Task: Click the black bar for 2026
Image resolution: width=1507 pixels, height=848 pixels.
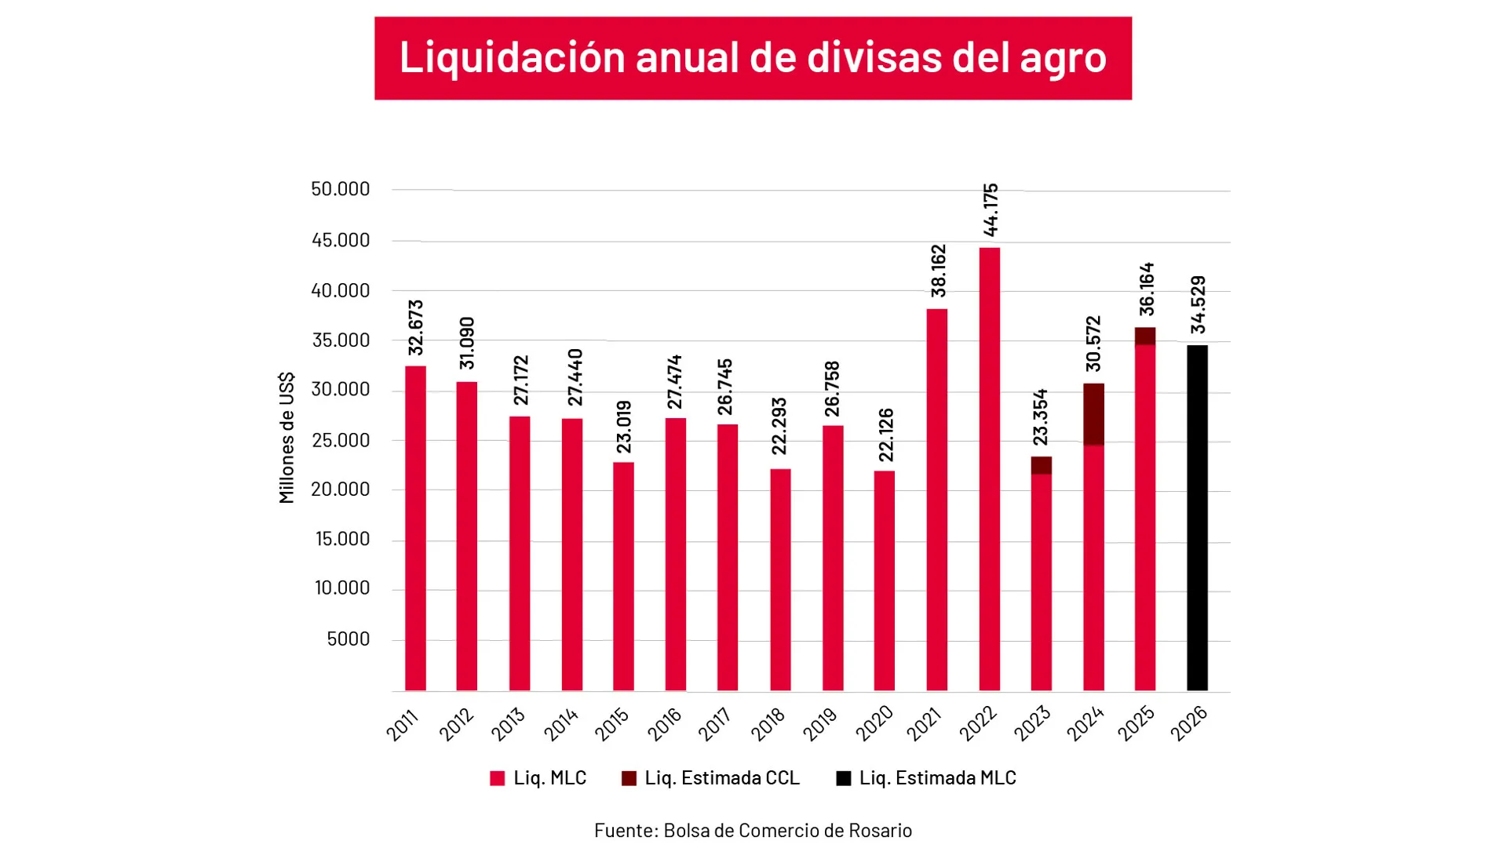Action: [x=1197, y=518]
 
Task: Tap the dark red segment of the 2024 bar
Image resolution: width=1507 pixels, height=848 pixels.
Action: [x=1093, y=414]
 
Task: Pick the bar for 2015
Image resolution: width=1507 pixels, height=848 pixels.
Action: [x=623, y=577]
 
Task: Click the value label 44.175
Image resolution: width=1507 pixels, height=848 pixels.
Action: [x=991, y=210]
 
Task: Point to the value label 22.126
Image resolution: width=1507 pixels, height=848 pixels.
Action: [x=886, y=435]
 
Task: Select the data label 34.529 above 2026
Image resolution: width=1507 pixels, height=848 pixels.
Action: [x=1198, y=304]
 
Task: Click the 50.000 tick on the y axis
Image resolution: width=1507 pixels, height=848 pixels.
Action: [x=340, y=189]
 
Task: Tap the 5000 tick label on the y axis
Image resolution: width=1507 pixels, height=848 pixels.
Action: [x=348, y=639]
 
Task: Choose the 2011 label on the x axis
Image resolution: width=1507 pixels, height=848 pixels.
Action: [x=403, y=724]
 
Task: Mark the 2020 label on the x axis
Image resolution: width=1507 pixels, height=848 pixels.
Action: [x=874, y=723]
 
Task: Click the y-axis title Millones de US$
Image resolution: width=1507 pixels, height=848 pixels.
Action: [x=286, y=438]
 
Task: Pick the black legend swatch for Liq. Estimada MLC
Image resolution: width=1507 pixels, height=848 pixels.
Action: [x=844, y=778]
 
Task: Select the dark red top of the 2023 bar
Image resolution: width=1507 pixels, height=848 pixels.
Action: [x=1041, y=465]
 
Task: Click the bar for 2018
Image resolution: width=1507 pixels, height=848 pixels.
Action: [x=780, y=580]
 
